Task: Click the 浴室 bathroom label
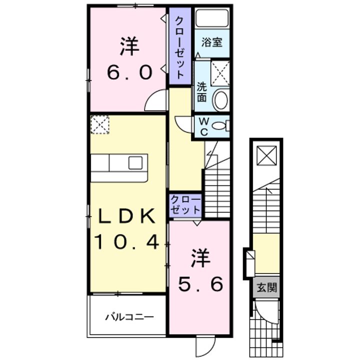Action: [211, 43]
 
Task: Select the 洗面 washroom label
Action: [201, 91]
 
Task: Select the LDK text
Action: [128, 217]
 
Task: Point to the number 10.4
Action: [128, 242]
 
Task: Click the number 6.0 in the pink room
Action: [128, 73]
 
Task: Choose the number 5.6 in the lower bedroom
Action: [200, 284]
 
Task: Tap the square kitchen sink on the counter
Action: [135, 163]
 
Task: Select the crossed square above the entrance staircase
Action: [265, 155]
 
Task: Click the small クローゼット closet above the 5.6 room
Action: [185, 205]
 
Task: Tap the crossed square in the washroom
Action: [219, 72]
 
